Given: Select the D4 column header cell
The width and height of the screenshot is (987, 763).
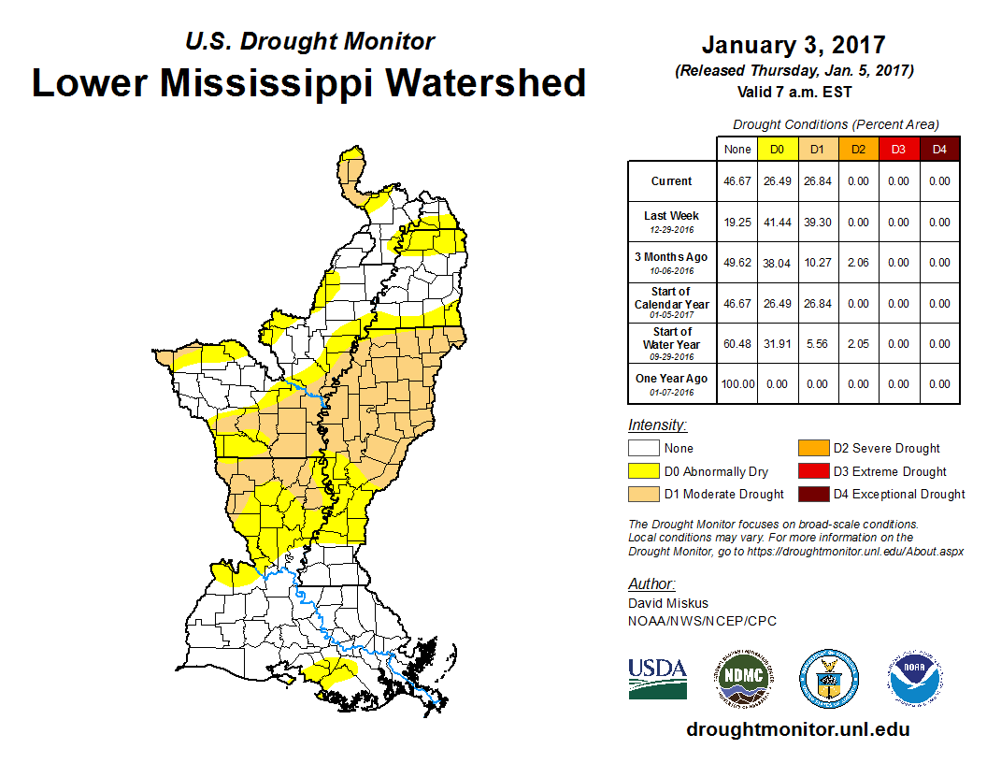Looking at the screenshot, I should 939,150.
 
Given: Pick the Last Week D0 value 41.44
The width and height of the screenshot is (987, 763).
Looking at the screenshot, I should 776,223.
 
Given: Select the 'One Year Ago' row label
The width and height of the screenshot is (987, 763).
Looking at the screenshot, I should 671,379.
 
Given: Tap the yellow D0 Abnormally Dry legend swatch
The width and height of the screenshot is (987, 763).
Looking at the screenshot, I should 642,471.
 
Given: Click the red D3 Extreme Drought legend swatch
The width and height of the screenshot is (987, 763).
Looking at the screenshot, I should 811,471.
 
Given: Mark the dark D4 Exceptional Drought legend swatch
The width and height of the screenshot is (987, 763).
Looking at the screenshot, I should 811,494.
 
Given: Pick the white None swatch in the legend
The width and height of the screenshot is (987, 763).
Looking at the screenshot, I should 642,448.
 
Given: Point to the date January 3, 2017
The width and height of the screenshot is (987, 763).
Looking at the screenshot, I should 794,45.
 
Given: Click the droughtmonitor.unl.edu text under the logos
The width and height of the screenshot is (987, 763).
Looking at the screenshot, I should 797,729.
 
